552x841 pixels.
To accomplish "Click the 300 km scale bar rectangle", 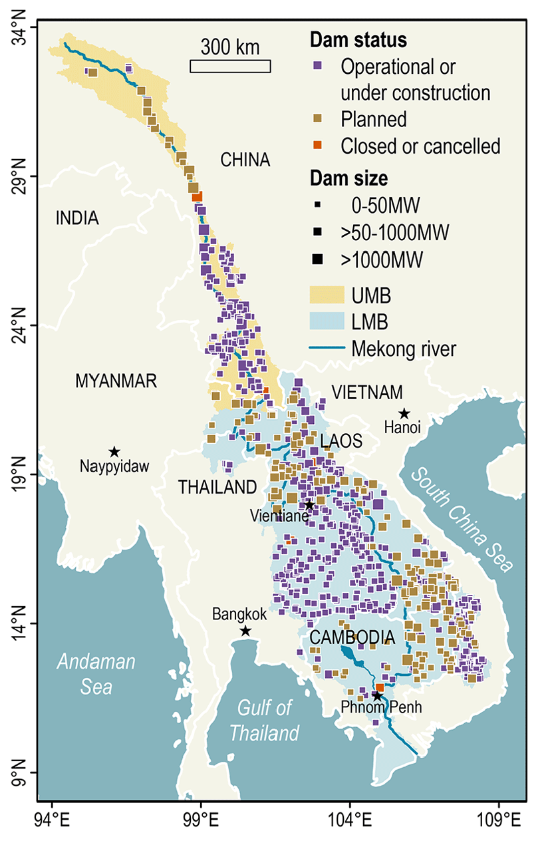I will click(x=230, y=66).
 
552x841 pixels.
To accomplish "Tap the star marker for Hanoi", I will click(x=404, y=414).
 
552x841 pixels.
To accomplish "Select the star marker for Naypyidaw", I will click(x=114, y=452).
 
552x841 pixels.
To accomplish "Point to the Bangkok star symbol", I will click(x=245, y=631).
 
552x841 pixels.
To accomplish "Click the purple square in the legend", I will click(x=318, y=67).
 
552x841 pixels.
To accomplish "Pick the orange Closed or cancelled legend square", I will click(x=318, y=145).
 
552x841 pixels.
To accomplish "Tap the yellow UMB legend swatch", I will click(x=327, y=295).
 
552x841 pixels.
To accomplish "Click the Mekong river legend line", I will click(x=327, y=347).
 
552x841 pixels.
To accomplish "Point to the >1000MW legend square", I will click(x=319, y=258).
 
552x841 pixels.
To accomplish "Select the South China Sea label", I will click(x=464, y=520).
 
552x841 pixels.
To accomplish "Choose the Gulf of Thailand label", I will click(x=264, y=721).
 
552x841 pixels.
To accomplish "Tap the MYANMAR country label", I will click(x=116, y=381).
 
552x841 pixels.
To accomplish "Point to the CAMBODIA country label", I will click(x=352, y=638).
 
